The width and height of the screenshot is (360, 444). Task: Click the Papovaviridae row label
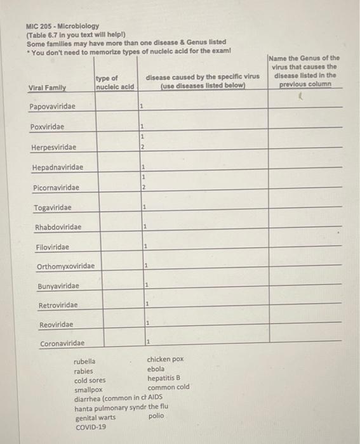click(52, 107)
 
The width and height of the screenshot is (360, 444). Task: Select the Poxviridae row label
click(48, 127)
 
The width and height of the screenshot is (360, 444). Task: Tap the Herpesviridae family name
click(54, 148)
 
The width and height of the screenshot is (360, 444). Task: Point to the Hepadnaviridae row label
click(58, 167)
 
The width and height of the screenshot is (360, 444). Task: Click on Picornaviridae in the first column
click(57, 188)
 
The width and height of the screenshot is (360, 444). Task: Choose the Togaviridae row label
click(53, 207)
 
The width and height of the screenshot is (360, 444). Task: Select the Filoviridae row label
click(53, 247)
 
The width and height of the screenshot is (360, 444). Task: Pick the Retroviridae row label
click(58, 305)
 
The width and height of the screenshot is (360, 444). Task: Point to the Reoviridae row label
click(56, 325)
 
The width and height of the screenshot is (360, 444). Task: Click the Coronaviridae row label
click(62, 344)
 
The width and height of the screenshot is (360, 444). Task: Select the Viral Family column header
click(48, 87)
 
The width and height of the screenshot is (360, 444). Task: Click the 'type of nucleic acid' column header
click(115, 82)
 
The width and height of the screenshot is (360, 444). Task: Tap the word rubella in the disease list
click(85, 362)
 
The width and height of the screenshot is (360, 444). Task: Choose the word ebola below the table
click(156, 369)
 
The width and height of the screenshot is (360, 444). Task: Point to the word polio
click(156, 417)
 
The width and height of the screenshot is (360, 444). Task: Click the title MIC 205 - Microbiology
click(62, 27)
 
